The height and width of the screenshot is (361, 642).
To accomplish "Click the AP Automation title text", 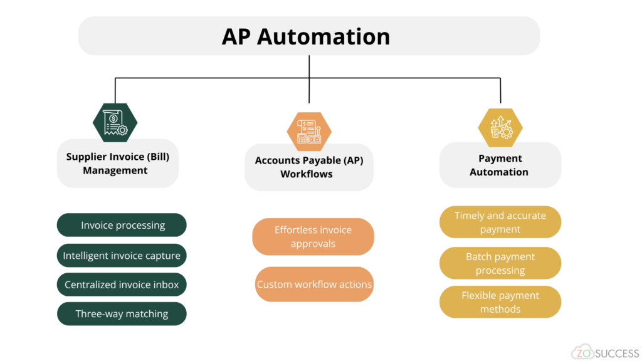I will pos(306,36).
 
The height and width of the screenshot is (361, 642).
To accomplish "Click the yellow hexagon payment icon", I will pos(500,127).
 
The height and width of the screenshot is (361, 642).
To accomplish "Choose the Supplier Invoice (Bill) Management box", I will pos(117,164).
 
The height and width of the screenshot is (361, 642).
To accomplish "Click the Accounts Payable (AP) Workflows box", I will pos(308,167).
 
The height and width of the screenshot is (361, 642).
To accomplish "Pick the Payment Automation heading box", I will pos(500,165).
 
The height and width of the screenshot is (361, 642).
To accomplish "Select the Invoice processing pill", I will pos(122,225).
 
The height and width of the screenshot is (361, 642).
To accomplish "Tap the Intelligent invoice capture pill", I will pos(122,256).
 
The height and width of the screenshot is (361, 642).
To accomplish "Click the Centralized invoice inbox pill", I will pos(122,285).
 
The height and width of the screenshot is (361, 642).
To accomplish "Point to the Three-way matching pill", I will pos(122,313).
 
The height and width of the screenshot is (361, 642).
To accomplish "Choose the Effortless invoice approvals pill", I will pos(313,237).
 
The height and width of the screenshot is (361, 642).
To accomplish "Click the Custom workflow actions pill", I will pos(314,284).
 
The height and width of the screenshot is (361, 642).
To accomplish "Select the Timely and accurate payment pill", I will pos(500,222).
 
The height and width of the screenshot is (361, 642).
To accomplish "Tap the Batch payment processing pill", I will pos(500,263).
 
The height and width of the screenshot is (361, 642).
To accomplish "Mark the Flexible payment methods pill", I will pos(500,302).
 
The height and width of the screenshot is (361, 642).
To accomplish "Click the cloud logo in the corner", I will pos(582,352).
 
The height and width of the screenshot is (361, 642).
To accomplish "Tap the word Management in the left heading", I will pos(115,170).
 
